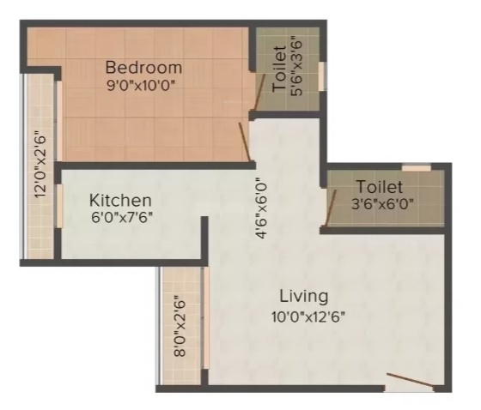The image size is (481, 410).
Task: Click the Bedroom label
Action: tap(143, 67)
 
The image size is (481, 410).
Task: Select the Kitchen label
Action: tap(121, 200)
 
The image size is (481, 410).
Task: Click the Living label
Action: tap(303, 297)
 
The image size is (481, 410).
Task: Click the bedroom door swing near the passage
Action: tap(245, 142)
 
